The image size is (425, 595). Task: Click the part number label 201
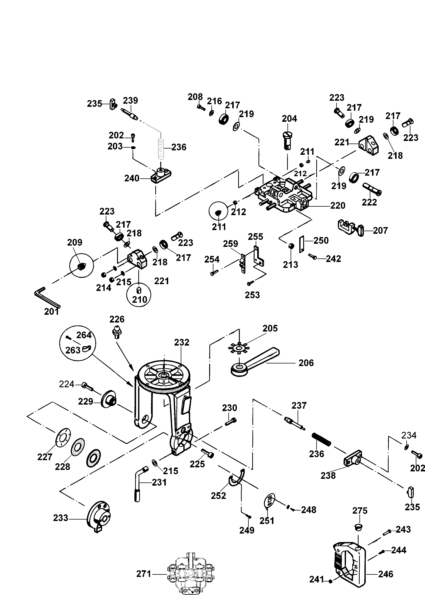click(x=52, y=312)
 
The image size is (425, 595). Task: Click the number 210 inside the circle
click(x=140, y=299)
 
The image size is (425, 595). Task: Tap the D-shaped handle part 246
click(x=350, y=565)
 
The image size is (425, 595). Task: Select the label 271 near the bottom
click(x=144, y=574)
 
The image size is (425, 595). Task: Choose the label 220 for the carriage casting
click(x=338, y=206)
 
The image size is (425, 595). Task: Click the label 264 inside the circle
click(x=84, y=335)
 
